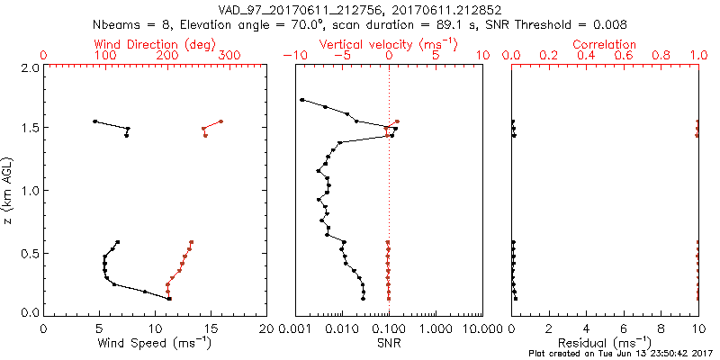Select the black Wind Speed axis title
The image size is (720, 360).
tap(156, 342)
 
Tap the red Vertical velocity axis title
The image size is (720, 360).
tap(389, 43)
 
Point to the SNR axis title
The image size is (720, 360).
tap(389, 342)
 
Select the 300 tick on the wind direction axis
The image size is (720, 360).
tap(229, 56)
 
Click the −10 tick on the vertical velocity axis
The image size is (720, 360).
tap(295, 56)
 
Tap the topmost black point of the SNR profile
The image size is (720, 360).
tap(301, 100)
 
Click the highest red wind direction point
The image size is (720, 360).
tap(220, 121)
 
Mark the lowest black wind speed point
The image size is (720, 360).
tap(168, 299)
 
